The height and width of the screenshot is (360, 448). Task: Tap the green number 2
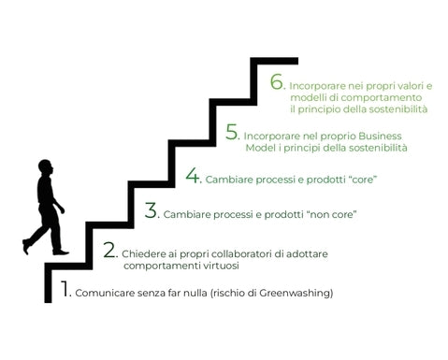[x=109, y=250]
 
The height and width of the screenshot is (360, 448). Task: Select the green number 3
[x=152, y=210]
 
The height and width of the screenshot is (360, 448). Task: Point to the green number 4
[x=193, y=175]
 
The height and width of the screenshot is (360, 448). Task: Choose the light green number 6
[x=276, y=82]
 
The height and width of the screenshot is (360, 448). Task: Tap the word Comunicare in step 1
[x=100, y=294]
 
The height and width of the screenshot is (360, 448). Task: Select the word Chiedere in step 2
[x=141, y=253]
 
